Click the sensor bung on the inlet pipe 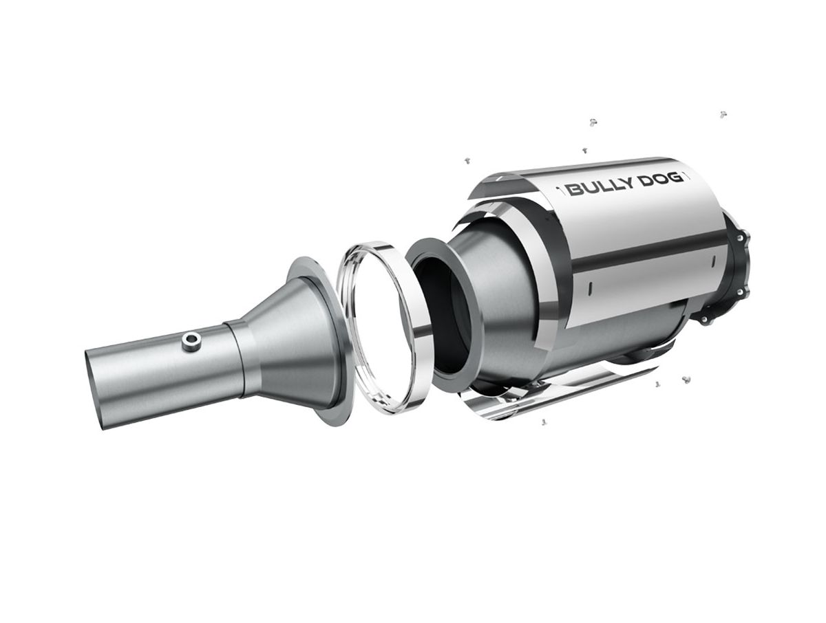click(x=191, y=342)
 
